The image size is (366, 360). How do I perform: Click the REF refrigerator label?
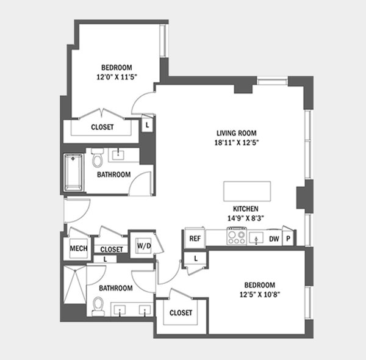tap(195, 239)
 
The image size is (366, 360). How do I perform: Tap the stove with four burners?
tap(237, 236)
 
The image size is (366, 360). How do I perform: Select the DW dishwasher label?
tap(274, 239)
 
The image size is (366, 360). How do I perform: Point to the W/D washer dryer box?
tap(144, 246)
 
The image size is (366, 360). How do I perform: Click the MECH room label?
tap(79, 248)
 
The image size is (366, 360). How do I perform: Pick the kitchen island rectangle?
tap(247, 191)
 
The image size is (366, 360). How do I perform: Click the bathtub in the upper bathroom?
tap(74, 173)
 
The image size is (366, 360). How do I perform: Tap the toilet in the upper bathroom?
tap(98, 157)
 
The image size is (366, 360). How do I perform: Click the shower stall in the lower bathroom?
tap(75, 284)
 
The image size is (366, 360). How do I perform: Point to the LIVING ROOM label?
tap(237, 133)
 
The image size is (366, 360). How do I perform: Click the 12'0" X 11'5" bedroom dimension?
tap(117, 77)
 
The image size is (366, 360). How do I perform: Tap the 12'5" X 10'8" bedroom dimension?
tap(260, 294)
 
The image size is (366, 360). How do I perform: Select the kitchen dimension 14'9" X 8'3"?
tap(246, 218)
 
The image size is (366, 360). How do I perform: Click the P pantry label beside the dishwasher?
tap(289, 239)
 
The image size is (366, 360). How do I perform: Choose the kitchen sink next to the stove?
tap(256, 238)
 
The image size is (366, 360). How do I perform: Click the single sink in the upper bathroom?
tap(118, 155)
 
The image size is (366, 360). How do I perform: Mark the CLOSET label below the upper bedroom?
tap(102, 127)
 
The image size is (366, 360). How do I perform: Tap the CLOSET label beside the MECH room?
tap(112, 250)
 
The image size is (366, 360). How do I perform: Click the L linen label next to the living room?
tap(147, 125)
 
